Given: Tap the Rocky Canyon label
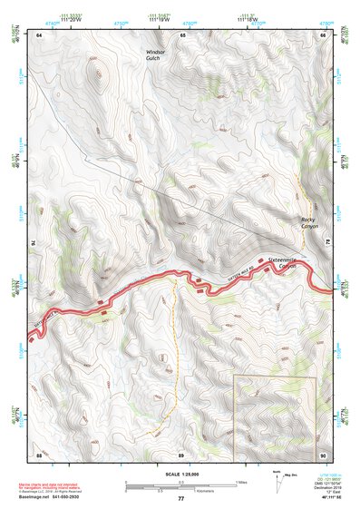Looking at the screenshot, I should point(312,223).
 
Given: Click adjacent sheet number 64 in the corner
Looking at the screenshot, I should point(40,34).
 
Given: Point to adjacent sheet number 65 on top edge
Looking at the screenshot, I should point(182,34).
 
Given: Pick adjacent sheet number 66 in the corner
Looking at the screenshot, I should point(323,34).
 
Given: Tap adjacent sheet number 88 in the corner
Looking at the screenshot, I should point(40,453).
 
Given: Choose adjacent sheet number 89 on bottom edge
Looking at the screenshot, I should point(181,453).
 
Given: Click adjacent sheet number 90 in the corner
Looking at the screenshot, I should point(323,453).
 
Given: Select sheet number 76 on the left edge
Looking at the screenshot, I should point(36,243).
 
